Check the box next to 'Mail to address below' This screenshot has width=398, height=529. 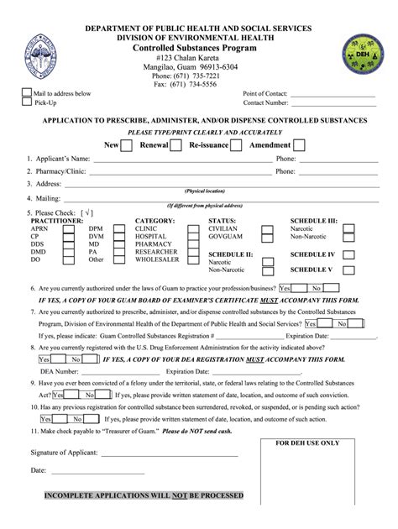pyautogui.click(x=26, y=93)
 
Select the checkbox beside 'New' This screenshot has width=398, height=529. pyautogui.click(x=127, y=145)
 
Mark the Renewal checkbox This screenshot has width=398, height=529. pyautogui.click(x=175, y=145)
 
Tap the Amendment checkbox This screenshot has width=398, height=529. pyautogui.click(x=298, y=145)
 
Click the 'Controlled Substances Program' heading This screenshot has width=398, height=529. pyautogui.click(x=199, y=49)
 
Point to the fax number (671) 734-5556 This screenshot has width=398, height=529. pyautogui.click(x=199, y=85)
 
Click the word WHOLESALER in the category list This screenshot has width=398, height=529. pyautogui.click(x=158, y=260)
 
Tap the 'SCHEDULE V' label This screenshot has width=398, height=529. pyautogui.click(x=312, y=270)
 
